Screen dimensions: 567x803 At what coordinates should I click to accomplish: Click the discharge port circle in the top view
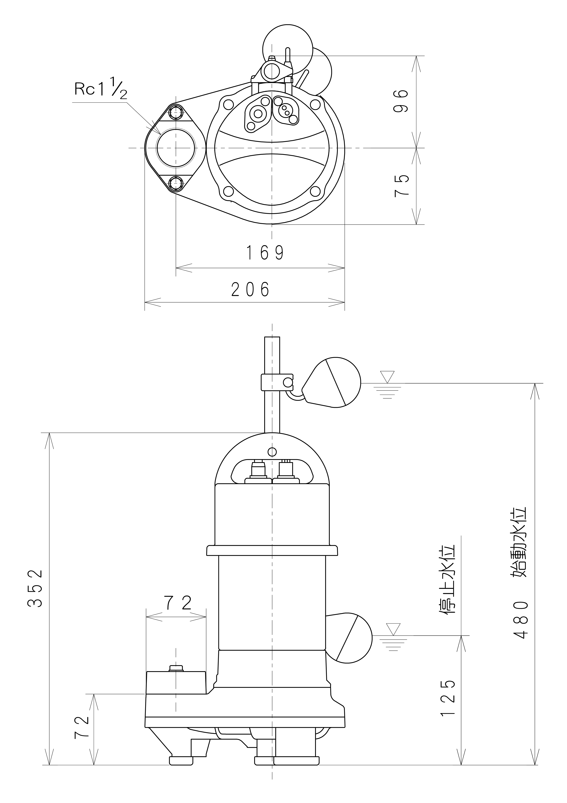[x=176, y=148]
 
